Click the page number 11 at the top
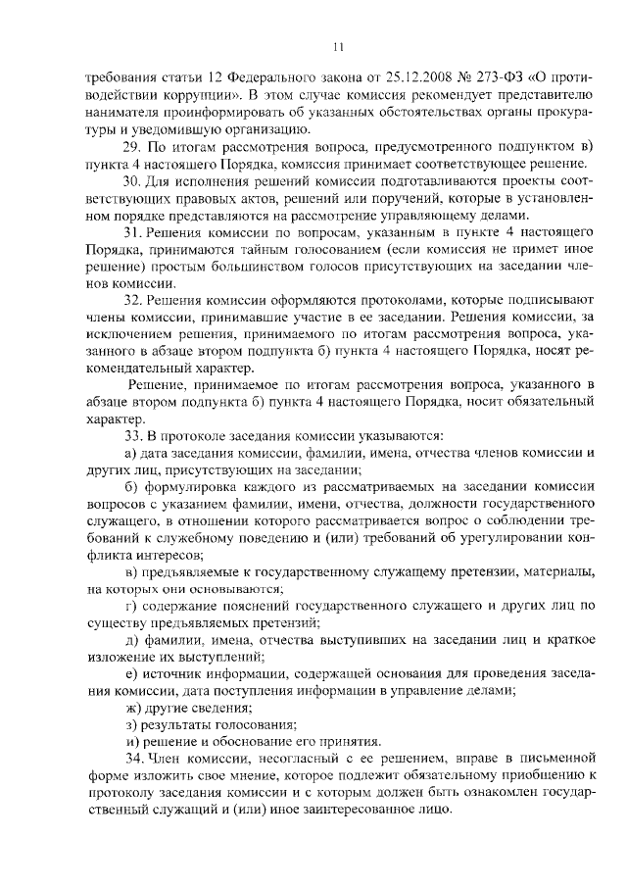click(x=338, y=46)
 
